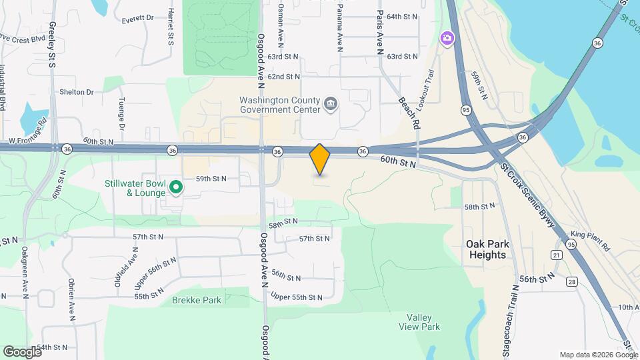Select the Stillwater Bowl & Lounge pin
coord(176,187)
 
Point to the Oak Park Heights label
coord(486,249)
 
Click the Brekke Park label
coord(197,300)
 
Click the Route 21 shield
coord(556,255)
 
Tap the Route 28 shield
coord(571,283)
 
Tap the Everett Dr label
coord(137,19)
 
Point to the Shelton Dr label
coord(76,92)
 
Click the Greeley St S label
coord(51,44)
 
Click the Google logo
coord(22,351)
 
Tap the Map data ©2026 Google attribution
coord(598,355)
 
